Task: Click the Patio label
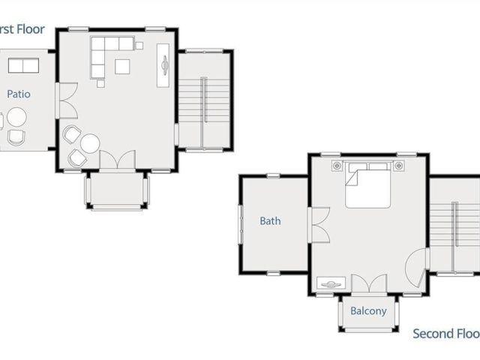[x=18, y=94]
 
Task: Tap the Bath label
[x=270, y=221]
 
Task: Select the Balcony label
[x=368, y=310]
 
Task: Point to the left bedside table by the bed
[x=337, y=165]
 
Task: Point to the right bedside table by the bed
[x=399, y=165]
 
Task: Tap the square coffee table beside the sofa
[x=122, y=67]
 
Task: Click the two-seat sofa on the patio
[x=23, y=66]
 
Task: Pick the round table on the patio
[x=16, y=117]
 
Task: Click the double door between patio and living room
[x=66, y=101]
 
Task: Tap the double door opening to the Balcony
[x=369, y=285]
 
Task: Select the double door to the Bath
[x=319, y=224]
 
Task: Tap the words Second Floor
[x=445, y=334]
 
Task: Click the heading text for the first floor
[x=22, y=30]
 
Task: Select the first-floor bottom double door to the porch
[x=117, y=160]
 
